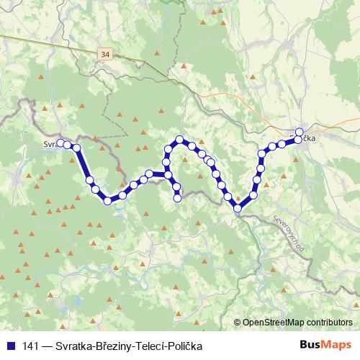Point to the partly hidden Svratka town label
click(x=50, y=143)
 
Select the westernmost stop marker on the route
click(x=61, y=143)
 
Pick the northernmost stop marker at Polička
click(x=300, y=132)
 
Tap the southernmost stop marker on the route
click(x=238, y=209)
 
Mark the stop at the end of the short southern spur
click(x=177, y=197)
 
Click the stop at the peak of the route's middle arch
click(x=180, y=139)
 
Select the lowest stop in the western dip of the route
click(x=108, y=201)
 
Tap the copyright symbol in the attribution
click(x=238, y=323)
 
